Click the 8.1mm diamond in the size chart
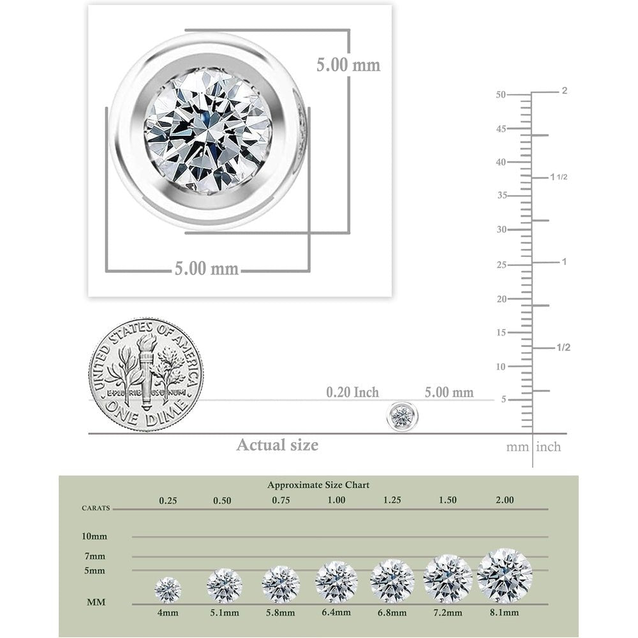pyautogui.click(x=505, y=575)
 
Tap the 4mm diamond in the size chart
pyautogui.click(x=168, y=590)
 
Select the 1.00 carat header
pyautogui.click(x=336, y=500)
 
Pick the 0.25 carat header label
pyautogui.click(x=168, y=500)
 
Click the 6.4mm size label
pyautogui.click(x=336, y=612)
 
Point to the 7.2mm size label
pyautogui.click(x=448, y=612)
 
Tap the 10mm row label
pyautogui.click(x=94, y=537)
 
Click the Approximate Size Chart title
pyautogui.click(x=318, y=485)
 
